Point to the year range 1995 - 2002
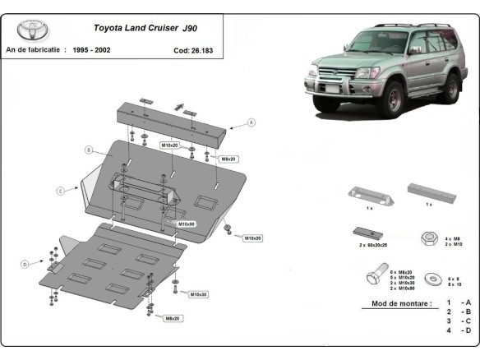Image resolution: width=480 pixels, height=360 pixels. click(x=92, y=49)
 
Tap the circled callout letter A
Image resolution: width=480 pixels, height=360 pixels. click(x=252, y=122)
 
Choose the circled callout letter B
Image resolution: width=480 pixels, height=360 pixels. click(x=87, y=150)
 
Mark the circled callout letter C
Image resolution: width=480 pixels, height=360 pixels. click(x=60, y=191)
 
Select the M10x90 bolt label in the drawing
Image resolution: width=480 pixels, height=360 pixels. click(x=186, y=224)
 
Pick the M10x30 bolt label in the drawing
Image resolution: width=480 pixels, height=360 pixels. click(x=198, y=293)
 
